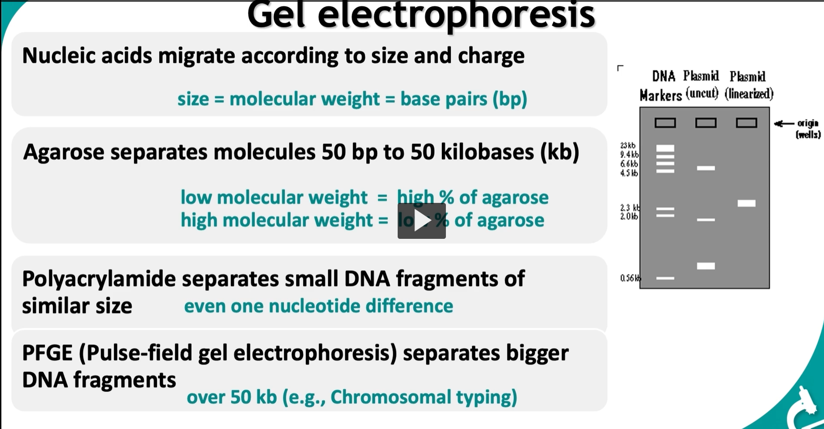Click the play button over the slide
[x=421, y=221]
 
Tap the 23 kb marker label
[x=627, y=146]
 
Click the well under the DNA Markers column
[x=665, y=123]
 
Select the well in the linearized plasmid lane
[x=746, y=123]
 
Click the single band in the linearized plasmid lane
[x=746, y=203]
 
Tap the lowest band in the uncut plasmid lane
[x=706, y=266]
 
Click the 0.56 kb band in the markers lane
[x=665, y=278]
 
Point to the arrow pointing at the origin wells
[x=784, y=123]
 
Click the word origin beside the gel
[x=808, y=123]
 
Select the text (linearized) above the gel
[x=749, y=94]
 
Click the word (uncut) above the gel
[x=702, y=93]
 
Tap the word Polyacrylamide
[x=99, y=279]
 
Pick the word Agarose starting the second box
[x=63, y=152]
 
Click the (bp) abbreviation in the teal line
[x=510, y=99]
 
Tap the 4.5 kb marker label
[x=629, y=173]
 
